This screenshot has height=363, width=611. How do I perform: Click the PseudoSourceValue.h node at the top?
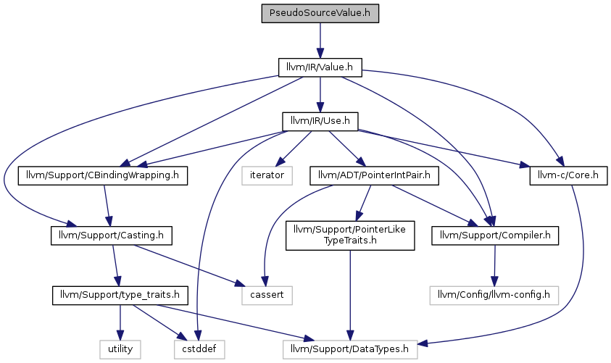[x=320, y=13]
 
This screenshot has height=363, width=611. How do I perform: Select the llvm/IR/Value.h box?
[x=320, y=67]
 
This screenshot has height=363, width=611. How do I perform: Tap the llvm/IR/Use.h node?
[x=320, y=122]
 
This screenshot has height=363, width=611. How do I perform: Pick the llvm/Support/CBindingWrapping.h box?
[x=102, y=175]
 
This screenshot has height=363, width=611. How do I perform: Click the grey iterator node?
[x=267, y=175]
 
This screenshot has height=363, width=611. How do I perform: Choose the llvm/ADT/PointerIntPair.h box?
[x=374, y=175]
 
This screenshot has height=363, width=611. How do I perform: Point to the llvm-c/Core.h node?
[x=568, y=175]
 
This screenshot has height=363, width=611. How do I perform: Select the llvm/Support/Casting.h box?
[x=111, y=235]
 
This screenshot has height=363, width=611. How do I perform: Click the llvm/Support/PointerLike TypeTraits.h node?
[x=350, y=235]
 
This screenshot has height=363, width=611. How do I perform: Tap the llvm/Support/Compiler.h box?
[x=495, y=235]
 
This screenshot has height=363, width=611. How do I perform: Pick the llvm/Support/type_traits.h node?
[x=120, y=295]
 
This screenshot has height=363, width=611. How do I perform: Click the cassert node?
[x=267, y=295]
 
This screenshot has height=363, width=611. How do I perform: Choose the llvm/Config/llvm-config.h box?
[x=494, y=295]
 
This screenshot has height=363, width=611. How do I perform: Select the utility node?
[x=120, y=349]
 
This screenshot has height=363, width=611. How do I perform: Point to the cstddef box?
[x=199, y=349]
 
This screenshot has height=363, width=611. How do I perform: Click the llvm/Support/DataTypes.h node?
[x=350, y=349]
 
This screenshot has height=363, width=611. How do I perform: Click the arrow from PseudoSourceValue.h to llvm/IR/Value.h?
[x=320, y=41]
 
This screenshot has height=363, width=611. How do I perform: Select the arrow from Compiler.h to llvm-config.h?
[x=494, y=266]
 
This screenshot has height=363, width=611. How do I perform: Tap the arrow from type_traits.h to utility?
[x=120, y=322]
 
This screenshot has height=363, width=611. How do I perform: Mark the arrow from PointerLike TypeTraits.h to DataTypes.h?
[x=350, y=295]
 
